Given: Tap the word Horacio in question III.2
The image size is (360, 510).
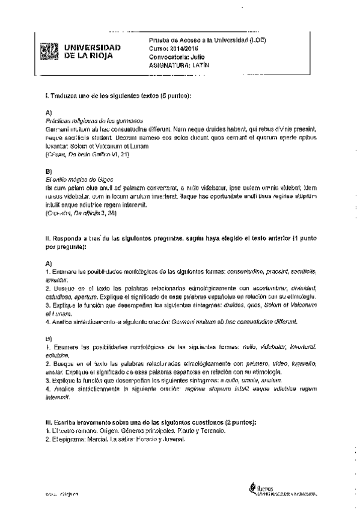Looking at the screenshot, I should pos(144,438).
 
